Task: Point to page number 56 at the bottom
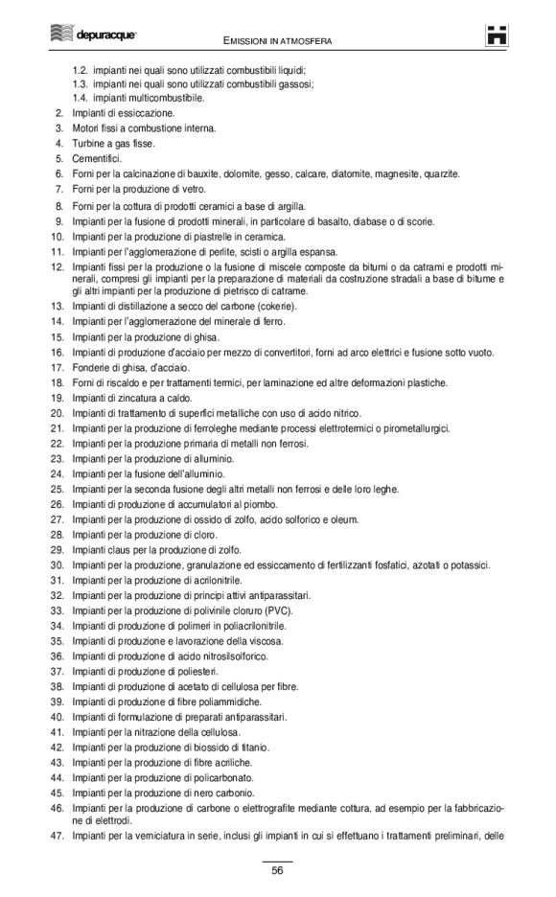click(277, 870)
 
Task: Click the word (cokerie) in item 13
click(276, 306)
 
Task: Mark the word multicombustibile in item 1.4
click(167, 98)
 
